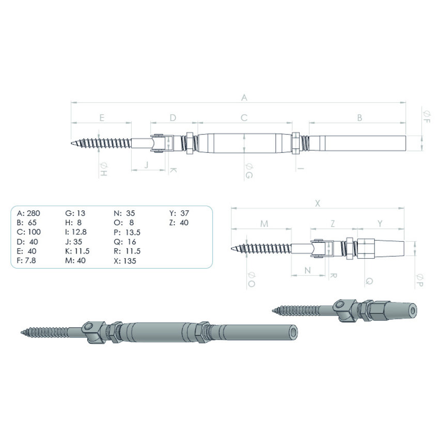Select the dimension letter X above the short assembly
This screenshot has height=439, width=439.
[318, 203]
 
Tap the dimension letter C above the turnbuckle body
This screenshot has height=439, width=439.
[244, 118]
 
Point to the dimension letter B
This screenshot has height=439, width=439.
[359, 118]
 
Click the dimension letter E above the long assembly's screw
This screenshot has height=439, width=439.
[102, 118]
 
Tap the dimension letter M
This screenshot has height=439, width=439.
[264, 223]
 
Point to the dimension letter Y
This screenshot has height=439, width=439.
[380, 223]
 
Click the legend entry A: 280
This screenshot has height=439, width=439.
[28, 213]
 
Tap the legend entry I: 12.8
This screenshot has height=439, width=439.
[78, 232]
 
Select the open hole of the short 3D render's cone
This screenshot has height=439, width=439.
[412, 310]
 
